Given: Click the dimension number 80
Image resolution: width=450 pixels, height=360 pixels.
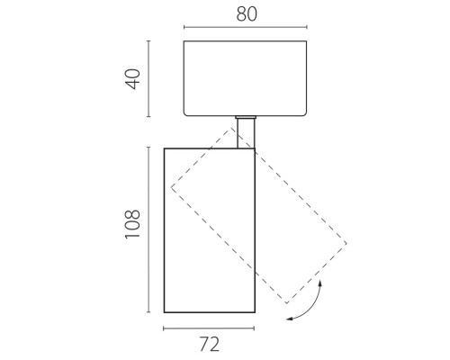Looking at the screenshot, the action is click(247, 14).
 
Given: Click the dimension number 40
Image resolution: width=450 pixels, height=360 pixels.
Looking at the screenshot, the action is click(133, 79).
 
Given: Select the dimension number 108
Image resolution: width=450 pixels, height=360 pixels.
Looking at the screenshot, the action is click(132, 224).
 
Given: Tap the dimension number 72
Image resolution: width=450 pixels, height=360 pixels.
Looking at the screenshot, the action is click(210, 345).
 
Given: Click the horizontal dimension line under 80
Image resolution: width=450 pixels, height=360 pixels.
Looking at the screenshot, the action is click(246, 27).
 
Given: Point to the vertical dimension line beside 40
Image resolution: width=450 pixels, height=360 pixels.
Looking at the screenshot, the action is click(148, 78).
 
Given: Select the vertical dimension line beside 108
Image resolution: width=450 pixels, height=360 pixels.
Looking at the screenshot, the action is click(148, 229).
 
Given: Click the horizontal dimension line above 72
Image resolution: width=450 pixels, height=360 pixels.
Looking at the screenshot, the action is click(209, 328).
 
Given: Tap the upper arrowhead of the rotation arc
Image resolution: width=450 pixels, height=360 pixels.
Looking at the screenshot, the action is click(320, 283).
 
